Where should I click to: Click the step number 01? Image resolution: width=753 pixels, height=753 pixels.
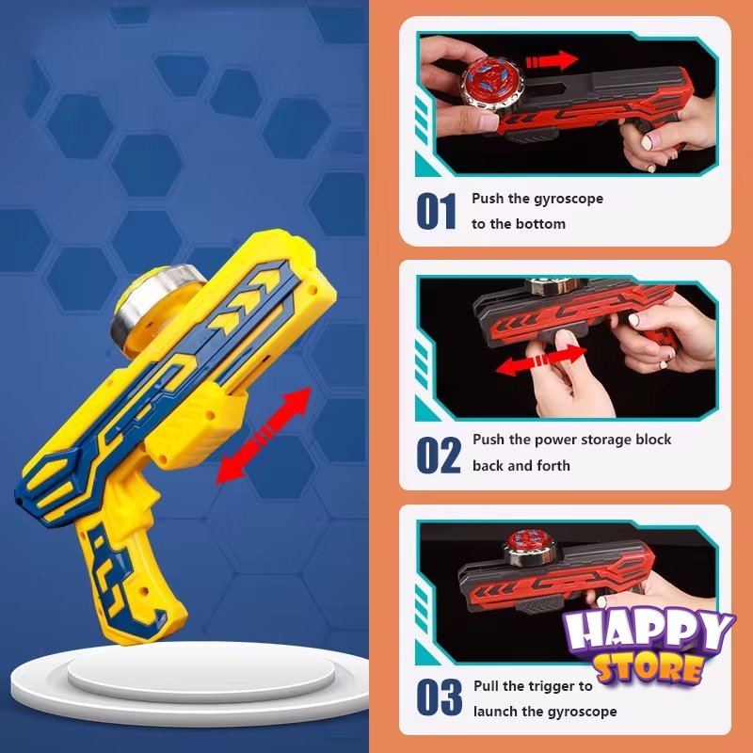click(436, 211)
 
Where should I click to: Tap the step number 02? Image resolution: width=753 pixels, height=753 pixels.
click(438, 455)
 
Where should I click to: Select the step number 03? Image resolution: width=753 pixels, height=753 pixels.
click(439, 697)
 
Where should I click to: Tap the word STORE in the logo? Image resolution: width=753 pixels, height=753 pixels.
click(649, 667)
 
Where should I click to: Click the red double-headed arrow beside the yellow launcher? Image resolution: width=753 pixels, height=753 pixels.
click(264, 435)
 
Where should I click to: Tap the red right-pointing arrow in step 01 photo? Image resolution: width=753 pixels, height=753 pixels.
click(553, 60)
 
